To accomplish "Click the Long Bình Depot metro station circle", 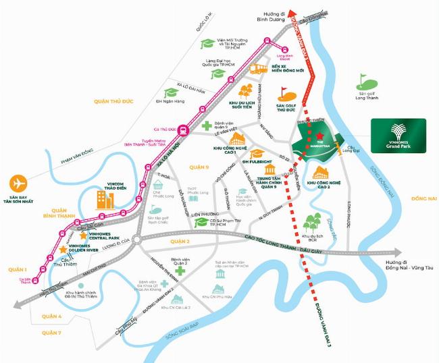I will click(284, 49).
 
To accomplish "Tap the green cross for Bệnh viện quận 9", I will click(206, 126).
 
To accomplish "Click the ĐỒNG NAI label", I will click(424, 198).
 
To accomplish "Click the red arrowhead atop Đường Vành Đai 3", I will click(292, 14).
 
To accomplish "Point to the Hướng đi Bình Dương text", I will click(277, 17).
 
